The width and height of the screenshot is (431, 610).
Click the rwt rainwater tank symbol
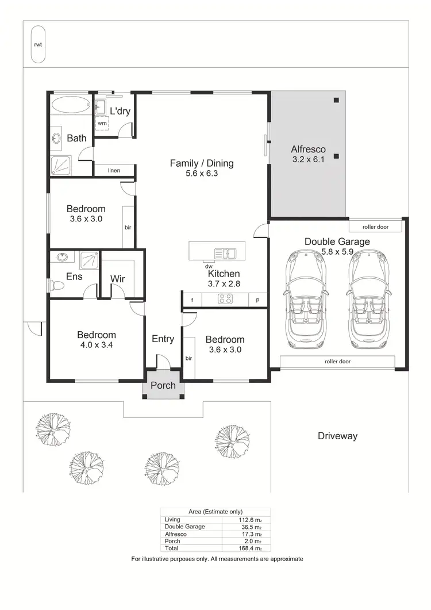tap(39, 44)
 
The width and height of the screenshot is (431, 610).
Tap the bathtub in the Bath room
tap(70, 106)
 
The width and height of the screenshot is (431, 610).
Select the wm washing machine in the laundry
tap(102, 123)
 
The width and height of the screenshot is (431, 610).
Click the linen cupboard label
tap(114, 170)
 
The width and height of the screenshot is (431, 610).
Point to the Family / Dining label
tap(202, 163)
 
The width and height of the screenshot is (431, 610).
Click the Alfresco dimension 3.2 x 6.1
tap(308, 160)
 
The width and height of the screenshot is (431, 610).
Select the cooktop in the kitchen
tap(224, 299)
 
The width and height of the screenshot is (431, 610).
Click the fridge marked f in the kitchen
tap(192, 300)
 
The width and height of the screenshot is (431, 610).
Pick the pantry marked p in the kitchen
tap(258, 300)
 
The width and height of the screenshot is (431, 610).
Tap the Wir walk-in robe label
tap(118, 279)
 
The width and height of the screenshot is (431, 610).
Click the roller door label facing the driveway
tap(337, 362)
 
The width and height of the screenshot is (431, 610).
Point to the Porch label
tap(163, 385)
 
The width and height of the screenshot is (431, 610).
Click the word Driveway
tap(337, 436)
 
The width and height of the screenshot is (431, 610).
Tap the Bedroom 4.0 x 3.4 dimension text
tap(97, 346)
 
